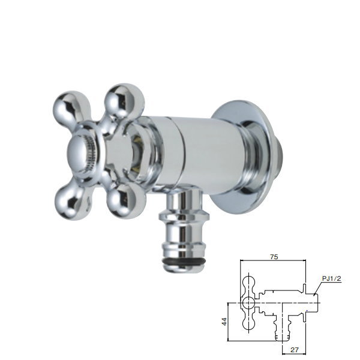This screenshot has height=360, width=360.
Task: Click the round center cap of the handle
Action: point(80,152)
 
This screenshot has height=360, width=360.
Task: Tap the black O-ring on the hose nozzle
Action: point(183,262)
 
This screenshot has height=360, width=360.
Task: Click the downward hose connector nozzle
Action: point(184,232)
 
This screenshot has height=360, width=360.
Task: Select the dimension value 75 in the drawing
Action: point(274,257)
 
